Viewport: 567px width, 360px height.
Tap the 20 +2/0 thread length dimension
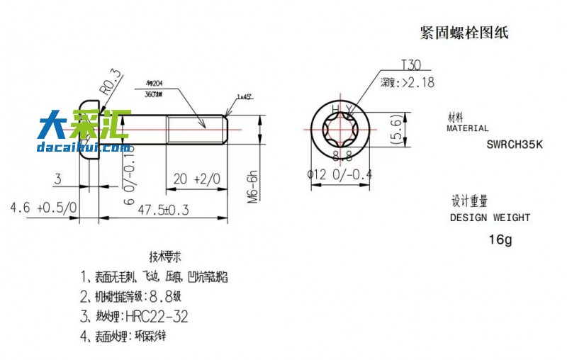196,179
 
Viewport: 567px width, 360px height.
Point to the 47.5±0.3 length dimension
164,210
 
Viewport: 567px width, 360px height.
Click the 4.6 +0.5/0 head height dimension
43,208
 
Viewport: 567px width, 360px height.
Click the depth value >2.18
417,83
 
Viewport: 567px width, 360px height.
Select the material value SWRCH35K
514,145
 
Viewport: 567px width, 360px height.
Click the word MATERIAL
467,129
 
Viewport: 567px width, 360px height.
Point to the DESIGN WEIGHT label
490,218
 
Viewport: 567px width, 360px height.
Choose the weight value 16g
500,240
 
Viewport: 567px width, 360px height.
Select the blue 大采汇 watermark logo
84,128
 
